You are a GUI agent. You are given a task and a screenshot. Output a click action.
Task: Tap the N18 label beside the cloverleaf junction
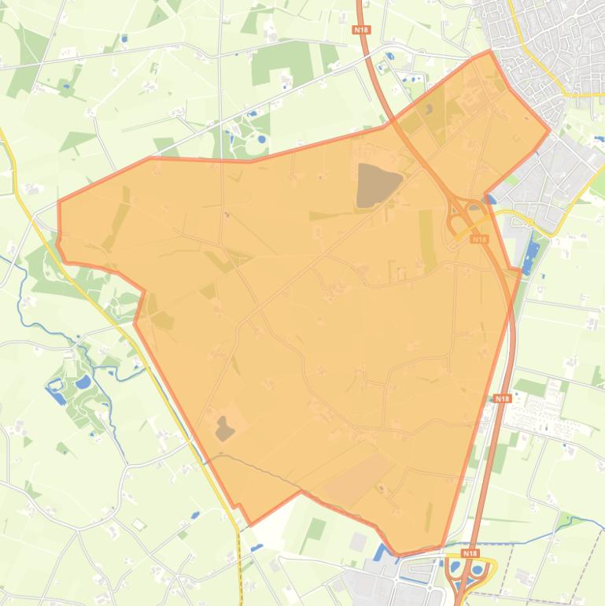click(479, 238)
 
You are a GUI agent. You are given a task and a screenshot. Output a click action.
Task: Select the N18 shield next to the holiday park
click(502, 399)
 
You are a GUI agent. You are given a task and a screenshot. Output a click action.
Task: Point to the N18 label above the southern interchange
click(470, 553)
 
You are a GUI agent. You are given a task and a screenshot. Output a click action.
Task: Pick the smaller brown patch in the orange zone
click(225, 429)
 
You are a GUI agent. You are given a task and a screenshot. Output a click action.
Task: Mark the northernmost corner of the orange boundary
click(490, 51)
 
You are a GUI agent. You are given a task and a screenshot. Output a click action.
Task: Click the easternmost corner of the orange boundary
click(548, 130)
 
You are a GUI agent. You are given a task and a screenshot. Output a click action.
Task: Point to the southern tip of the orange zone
click(400, 554)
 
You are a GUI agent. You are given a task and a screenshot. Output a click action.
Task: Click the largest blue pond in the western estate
click(82, 382)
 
